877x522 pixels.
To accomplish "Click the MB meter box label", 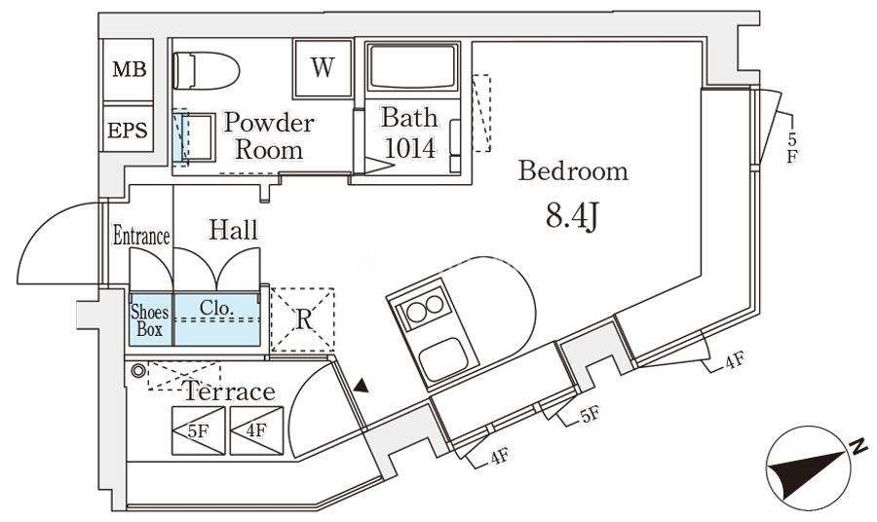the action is point(130,69).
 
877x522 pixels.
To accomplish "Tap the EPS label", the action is point(128,130).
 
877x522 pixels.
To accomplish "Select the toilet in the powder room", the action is point(206,70).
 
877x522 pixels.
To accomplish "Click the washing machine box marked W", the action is point(324,67).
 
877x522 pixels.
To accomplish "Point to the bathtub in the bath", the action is point(412,66).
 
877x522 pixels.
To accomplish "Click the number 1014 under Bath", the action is point(409,148).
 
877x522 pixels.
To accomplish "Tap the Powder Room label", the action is point(269,135).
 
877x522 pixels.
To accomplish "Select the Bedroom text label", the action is point(573,171).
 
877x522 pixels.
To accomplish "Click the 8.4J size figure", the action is point(572,217).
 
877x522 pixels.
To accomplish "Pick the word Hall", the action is point(233,230).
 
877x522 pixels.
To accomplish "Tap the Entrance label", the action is point(141,236).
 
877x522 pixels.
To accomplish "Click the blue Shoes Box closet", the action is point(151,319).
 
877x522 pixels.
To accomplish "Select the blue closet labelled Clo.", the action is point(217,319).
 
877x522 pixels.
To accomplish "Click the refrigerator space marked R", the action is point(303,319).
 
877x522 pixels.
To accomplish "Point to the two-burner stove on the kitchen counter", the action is point(425,308).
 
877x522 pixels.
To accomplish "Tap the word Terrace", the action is point(229,391).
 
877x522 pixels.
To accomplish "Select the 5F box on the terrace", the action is point(199,430).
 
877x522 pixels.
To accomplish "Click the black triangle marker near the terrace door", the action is point(362,386).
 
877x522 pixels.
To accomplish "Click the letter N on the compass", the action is point(857,446).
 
